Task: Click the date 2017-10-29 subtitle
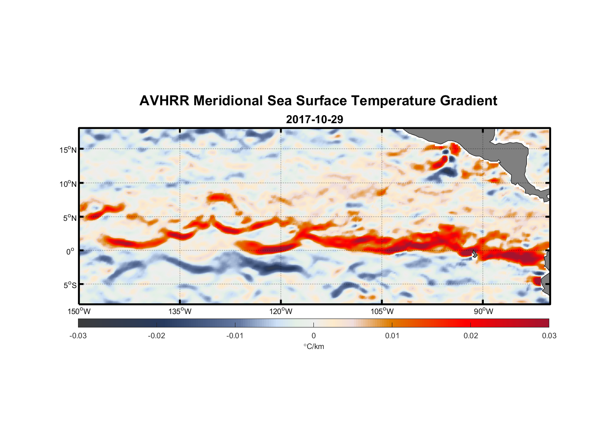(x=314, y=120)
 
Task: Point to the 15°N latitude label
(x=68, y=150)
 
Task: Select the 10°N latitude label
(x=68, y=184)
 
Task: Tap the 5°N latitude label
(x=69, y=218)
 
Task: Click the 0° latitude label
(x=70, y=251)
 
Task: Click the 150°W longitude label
(x=79, y=311)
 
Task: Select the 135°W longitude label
(x=180, y=311)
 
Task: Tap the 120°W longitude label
(x=281, y=311)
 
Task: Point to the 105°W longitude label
(x=382, y=311)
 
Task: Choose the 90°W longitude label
(x=483, y=311)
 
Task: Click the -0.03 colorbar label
(x=78, y=336)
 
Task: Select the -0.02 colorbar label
(x=156, y=336)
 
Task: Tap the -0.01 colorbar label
(x=235, y=336)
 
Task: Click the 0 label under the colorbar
(x=313, y=336)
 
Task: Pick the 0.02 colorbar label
(x=471, y=336)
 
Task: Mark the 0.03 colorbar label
(x=549, y=336)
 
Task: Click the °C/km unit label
(x=314, y=346)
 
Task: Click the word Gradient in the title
(x=469, y=101)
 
